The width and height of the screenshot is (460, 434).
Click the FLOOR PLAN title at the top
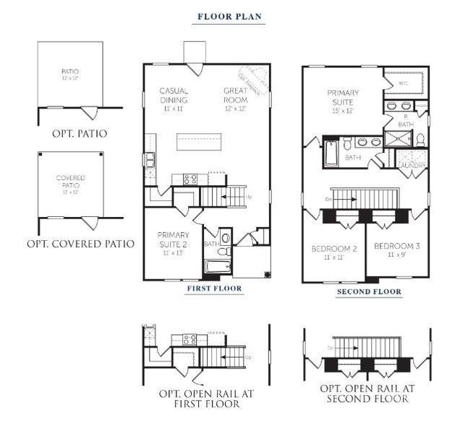229,16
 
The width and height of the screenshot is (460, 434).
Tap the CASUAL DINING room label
174,95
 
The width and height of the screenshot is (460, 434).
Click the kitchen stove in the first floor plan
189,177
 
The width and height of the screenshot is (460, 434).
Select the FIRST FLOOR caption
214,289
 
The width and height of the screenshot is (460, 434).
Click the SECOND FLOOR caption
369,292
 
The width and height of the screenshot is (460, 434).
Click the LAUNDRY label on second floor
412,166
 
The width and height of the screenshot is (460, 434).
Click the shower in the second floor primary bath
397,138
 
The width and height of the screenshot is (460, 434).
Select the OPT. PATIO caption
80,134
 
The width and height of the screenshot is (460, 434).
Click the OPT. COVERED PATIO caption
80,244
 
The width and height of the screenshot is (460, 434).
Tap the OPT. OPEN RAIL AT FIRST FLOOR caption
199,399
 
